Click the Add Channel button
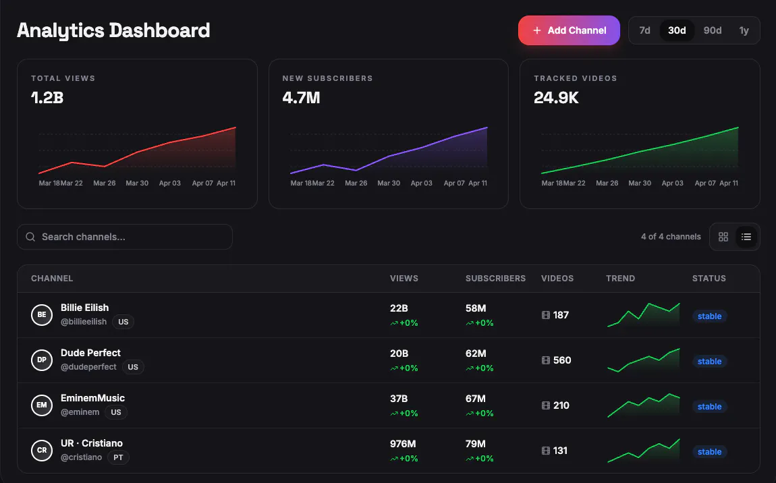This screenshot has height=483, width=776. coord(569,30)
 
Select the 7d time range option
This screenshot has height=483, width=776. coord(644,30)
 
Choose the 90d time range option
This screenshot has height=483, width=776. coord(712,30)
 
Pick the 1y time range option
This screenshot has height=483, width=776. coord(744,30)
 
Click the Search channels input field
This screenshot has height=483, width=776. coord(125,237)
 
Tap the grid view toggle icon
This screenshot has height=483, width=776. coord(723,237)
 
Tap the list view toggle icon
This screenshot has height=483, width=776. coord(746,237)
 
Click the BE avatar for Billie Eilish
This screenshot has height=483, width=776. coord(42,315)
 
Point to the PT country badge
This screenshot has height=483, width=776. coord(118,457)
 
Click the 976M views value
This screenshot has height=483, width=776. coord(403,444)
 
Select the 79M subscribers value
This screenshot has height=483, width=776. coord(476,444)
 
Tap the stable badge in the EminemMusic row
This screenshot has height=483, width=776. coord(709,406)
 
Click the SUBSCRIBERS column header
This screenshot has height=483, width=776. coord(495,278)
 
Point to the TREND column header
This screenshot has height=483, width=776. coord(620,278)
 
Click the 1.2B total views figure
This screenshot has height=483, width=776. coord(47,98)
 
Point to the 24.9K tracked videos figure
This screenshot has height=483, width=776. coord(556,98)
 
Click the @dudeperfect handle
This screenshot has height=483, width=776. coord(88,367)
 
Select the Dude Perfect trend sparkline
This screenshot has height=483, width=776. coord(643,360)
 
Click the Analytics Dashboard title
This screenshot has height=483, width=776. coord(113,30)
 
